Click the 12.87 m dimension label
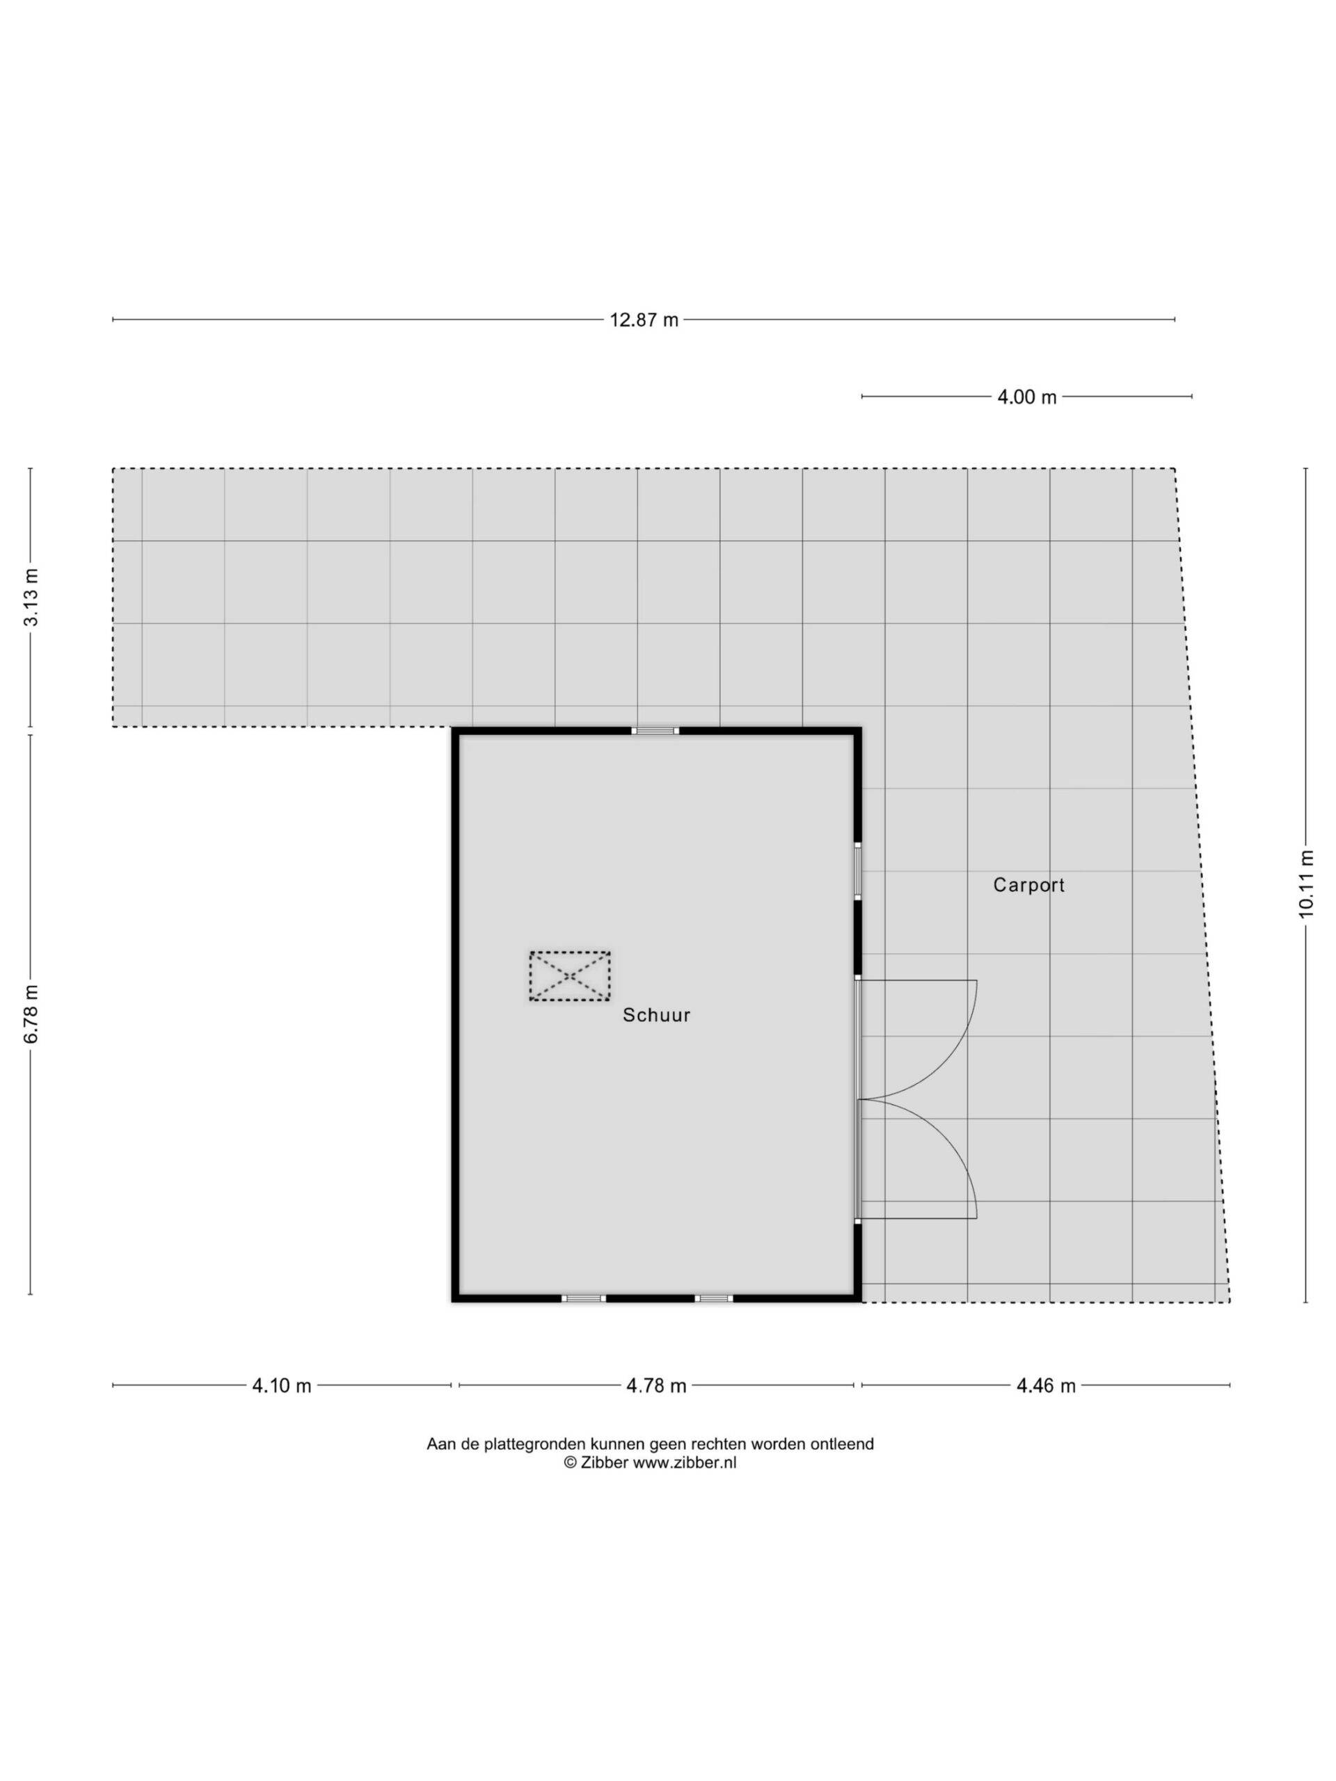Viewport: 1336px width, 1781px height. pyautogui.click(x=644, y=319)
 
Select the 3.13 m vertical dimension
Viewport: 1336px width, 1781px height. pyautogui.click(x=31, y=597)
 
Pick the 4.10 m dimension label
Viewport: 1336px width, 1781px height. pyautogui.click(x=281, y=1385)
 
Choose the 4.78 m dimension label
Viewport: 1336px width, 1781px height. pyautogui.click(x=656, y=1385)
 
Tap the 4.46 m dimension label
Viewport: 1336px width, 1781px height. pyautogui.click(x=1045, y=1385)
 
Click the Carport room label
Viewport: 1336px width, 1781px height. pyautogui.click(x=1028, y=885)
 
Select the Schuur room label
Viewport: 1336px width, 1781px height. pyautogui.click(x=656, y=1015)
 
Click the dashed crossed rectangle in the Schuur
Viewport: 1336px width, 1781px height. pyautogui.click(x=569, y=976)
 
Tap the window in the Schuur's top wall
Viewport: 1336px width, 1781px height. pyautogui.click(x=655, y=730)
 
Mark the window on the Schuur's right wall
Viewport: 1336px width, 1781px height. pyautogui.click(x=858, y=870)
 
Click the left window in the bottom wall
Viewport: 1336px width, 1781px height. pyautogui.click(x=583, y=1298)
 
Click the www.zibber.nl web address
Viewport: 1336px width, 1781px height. pyautogui.click(x=685, y=1463)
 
